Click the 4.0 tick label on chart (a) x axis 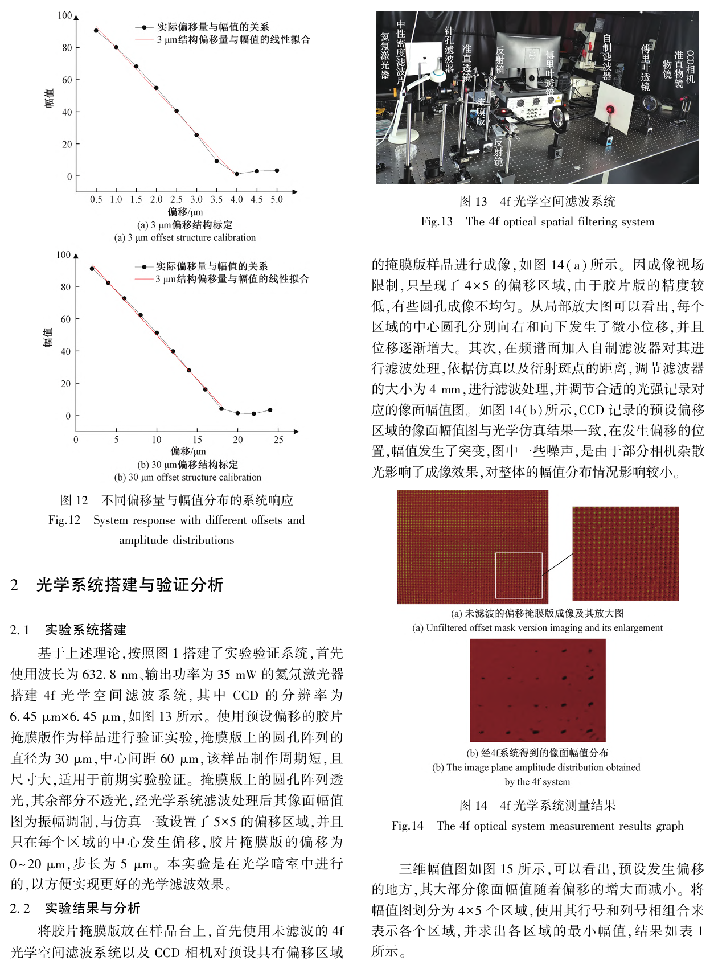point(236,199)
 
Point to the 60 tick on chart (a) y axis point(67,80)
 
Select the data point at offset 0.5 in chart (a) point(96,31)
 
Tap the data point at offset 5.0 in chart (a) point(277,170)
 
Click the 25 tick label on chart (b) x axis point(278,440)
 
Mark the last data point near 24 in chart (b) point(270,410)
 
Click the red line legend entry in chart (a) point(233,40)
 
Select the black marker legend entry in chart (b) point(211,266)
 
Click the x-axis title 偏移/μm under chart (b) point(188,451)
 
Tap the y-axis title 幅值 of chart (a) point(50,98)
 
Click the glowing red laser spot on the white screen point(610,109)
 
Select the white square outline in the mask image point(519,575)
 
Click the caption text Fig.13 point(437,222)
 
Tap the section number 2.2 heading point(19,908)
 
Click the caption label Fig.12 point(64,520)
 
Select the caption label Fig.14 point(408,826)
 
